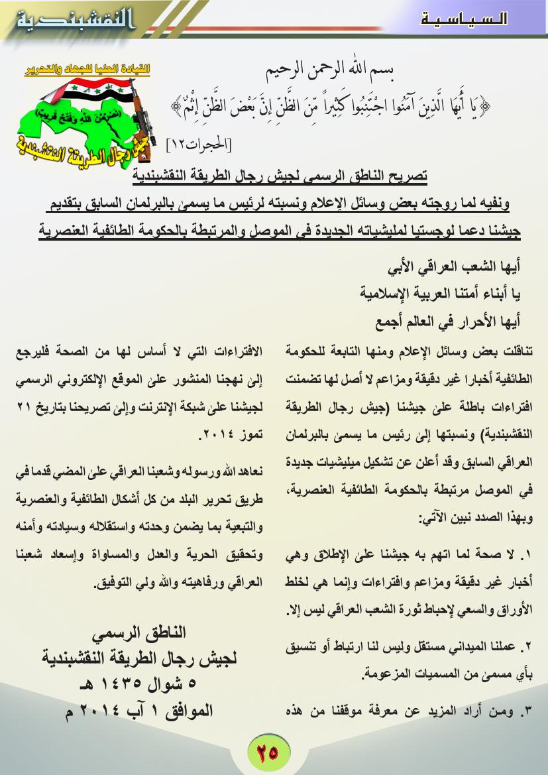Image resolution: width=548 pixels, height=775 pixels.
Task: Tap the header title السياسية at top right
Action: (465, 18)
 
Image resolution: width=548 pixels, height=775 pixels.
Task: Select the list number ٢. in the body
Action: (525, 644)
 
